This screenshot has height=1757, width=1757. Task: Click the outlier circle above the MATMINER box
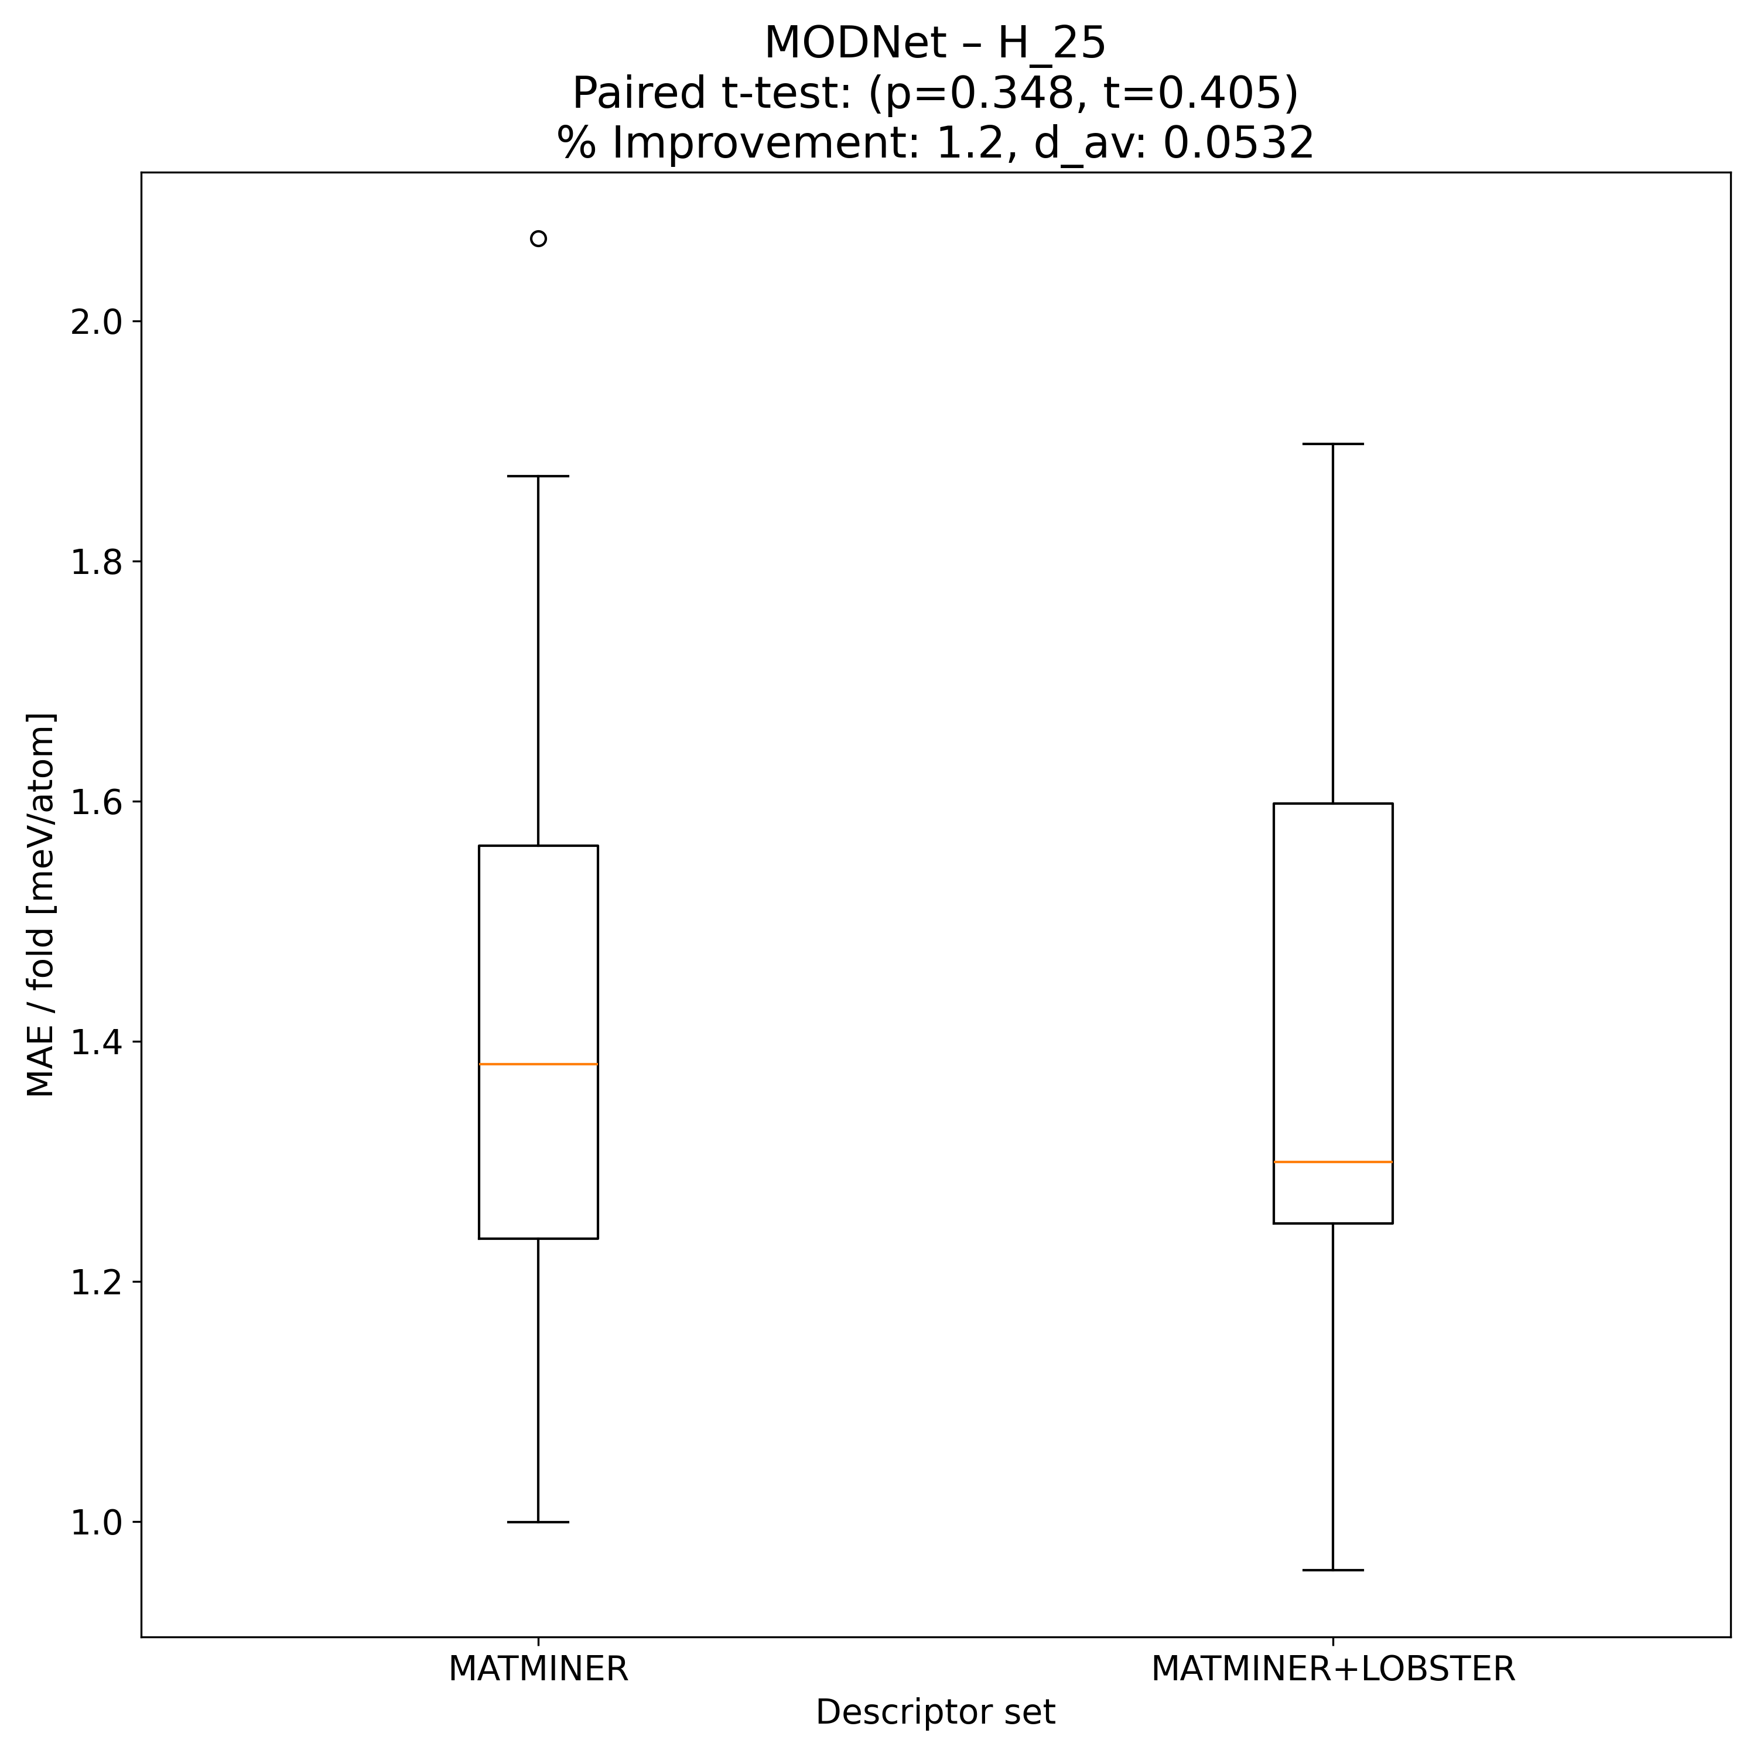538,239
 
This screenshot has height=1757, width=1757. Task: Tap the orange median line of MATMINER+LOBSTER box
1332,1161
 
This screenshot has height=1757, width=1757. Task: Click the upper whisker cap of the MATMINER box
538,476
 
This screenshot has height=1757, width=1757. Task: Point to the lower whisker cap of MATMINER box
538,1522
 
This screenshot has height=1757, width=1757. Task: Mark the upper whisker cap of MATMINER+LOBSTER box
1332,444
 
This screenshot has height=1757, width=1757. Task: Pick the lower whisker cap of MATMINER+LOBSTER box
1332,1570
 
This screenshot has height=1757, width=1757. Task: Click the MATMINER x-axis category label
538,1669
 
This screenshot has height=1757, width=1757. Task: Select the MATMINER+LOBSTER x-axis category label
1332,1669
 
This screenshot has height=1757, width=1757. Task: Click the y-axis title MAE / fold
41,905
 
